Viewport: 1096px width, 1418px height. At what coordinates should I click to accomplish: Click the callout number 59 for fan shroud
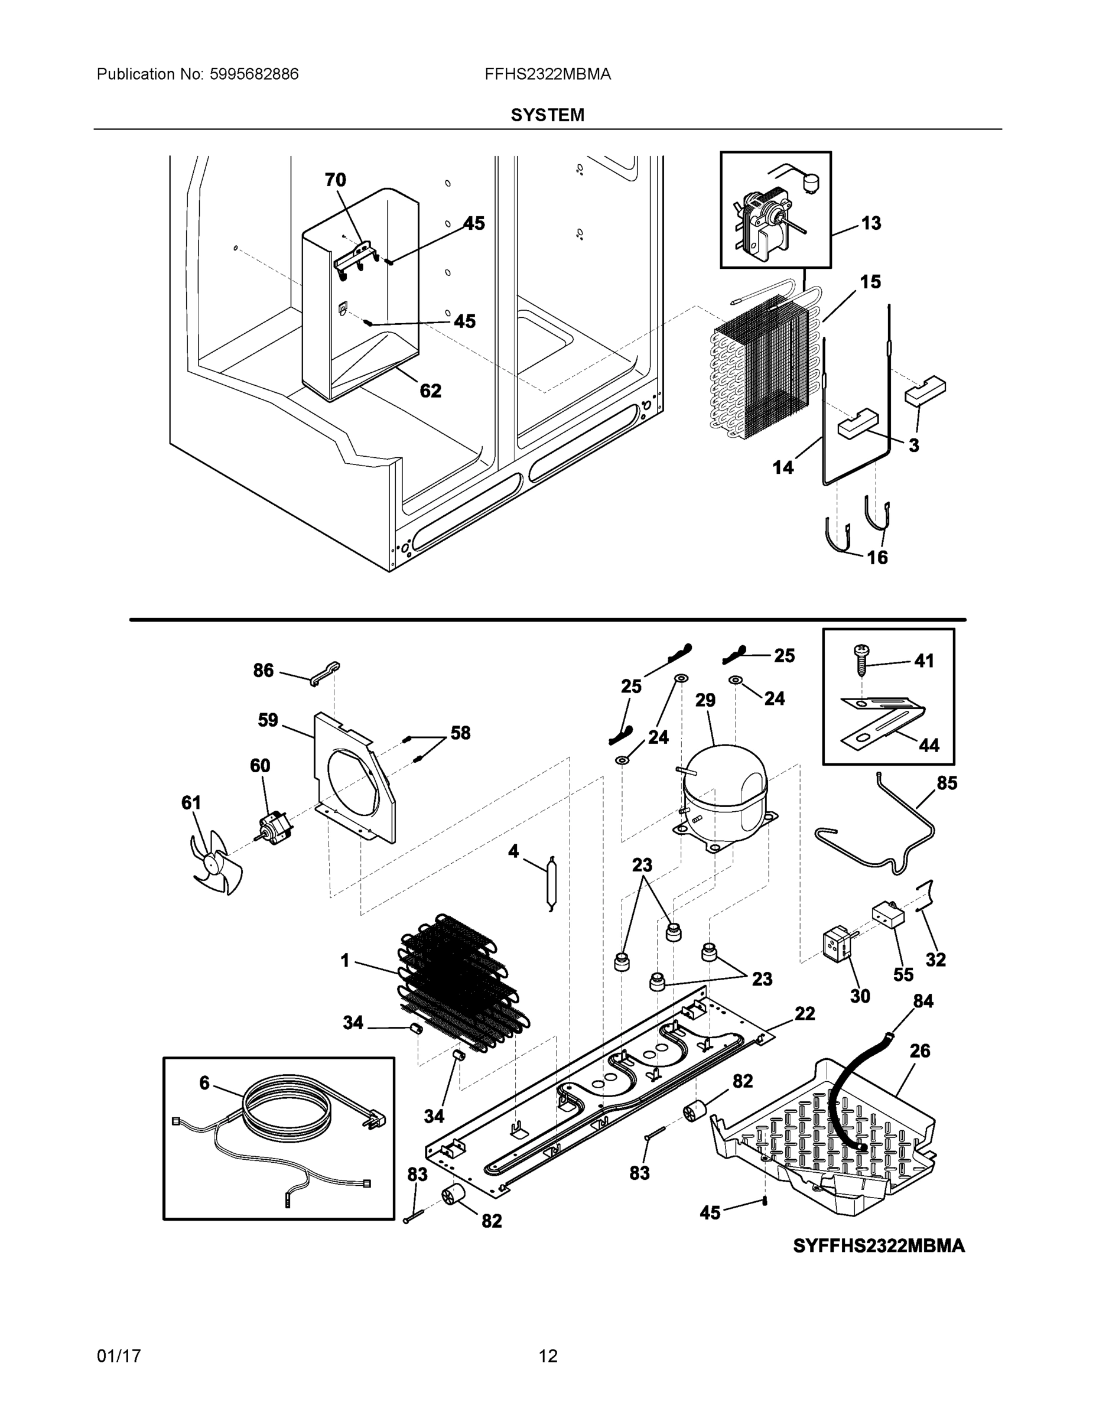point(268,720)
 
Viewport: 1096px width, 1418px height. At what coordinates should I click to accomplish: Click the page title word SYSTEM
point(547,115)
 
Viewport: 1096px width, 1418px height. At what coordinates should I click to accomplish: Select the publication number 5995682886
point(254,74)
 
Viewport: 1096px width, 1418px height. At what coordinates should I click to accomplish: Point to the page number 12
point(547,1357)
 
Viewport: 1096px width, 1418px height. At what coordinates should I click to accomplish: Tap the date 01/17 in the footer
point(119,1357)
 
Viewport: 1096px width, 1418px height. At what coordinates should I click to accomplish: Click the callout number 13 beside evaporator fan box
point(871,223)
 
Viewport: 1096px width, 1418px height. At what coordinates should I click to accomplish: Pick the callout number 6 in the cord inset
point(204,1082)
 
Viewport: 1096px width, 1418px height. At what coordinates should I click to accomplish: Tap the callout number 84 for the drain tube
point(923,1001)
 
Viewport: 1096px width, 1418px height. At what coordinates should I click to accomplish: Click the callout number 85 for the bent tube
point(947,783)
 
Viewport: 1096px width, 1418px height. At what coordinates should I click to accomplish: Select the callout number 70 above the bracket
point(335,180)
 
